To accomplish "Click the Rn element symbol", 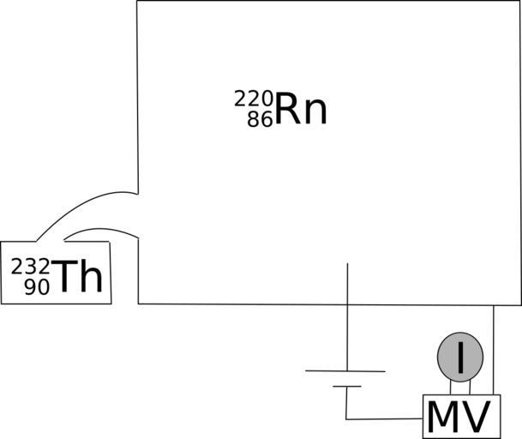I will coord(301,110).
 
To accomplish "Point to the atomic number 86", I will coord(260,120).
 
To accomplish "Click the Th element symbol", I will coord(78,278).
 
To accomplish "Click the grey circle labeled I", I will coord(460,357).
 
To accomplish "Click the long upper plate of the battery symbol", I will coord(345,371).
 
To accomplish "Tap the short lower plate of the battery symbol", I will coord(346,386).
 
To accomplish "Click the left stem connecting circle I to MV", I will coord(451,387).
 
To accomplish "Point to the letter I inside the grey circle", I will coord(460,358).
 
